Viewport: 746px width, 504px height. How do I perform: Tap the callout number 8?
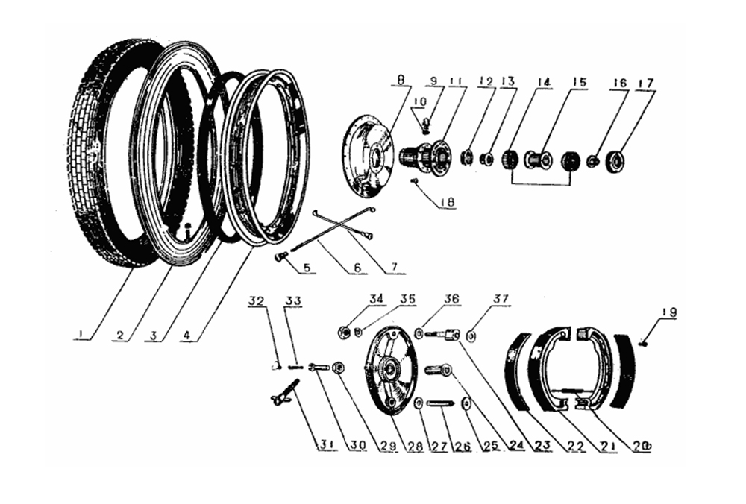tap(401, 79)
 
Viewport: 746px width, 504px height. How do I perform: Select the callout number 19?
tap(668, 313)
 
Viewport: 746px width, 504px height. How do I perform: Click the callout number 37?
tap(501, 300)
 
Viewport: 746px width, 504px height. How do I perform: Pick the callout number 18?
tap(448, 201)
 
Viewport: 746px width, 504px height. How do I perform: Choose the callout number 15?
tap(579, 82)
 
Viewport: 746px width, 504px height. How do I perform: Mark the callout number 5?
tap(307, 267)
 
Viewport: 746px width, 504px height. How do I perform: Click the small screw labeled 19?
tap(644, 342)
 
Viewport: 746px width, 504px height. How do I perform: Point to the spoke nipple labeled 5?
tap(280, 257)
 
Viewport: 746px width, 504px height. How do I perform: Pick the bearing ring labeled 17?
tap(615, 160)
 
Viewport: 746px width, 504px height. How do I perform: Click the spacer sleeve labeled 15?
tap(537, 160)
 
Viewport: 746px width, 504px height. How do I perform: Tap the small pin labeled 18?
tap(413, 180)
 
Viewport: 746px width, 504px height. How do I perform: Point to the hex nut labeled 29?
tap(338, 368)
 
